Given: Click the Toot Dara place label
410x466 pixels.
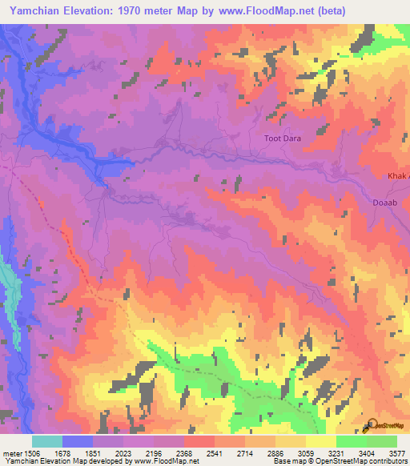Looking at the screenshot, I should pyautogui.click(x=283, y=139).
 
